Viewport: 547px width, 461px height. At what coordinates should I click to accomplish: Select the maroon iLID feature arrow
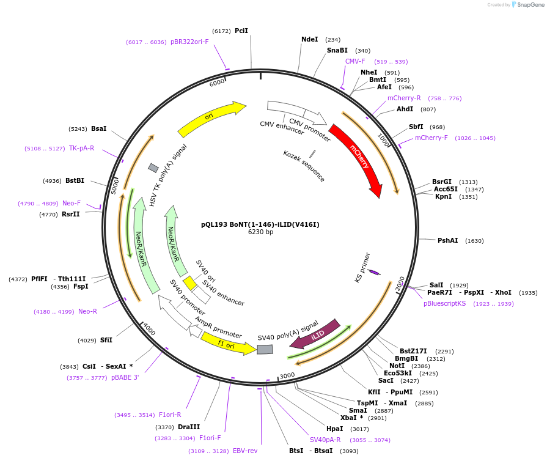(315, 334)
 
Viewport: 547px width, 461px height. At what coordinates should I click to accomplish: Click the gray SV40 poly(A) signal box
(265, 349)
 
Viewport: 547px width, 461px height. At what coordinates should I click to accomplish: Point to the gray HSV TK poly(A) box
(153, 168)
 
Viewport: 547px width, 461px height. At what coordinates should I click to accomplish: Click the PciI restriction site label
(241, 31)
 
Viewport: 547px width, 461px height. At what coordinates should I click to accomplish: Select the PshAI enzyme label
(447, 240)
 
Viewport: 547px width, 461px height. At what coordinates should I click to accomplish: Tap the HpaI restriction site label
(334, 429)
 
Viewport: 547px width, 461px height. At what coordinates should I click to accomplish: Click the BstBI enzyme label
(75, 180)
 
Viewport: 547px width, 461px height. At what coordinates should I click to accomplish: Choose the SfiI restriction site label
(106, 340)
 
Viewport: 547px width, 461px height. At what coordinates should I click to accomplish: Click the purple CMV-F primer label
(355, 61)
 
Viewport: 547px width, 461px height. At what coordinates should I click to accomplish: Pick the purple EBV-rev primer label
(245, 451)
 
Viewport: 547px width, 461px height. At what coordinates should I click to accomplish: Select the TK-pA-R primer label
(82, 149)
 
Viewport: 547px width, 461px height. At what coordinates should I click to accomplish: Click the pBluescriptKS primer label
(444, 304)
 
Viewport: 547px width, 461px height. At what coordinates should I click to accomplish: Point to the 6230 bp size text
(260, 232)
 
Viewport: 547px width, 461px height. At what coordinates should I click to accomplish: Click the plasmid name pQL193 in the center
(214, 224)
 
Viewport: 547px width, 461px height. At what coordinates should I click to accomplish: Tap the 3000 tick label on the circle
(287, 375)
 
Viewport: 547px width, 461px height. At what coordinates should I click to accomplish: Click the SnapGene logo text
(530, 4)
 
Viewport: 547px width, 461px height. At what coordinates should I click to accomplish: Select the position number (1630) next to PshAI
(474, 241)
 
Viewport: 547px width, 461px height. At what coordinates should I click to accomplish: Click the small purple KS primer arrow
(374, 272)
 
